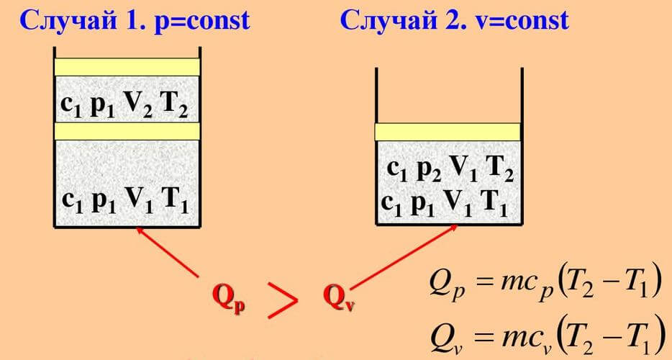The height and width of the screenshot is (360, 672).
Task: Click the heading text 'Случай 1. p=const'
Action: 135,21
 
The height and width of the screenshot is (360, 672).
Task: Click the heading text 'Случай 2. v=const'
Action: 455,21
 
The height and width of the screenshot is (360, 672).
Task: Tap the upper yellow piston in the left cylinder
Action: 127,67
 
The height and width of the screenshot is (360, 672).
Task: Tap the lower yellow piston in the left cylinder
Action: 127,131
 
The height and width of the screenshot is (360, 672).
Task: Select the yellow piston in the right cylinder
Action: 448,132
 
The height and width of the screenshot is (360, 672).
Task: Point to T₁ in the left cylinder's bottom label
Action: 174,201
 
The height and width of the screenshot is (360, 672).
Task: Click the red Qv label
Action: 340,297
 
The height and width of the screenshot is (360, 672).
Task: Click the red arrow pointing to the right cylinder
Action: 404,256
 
